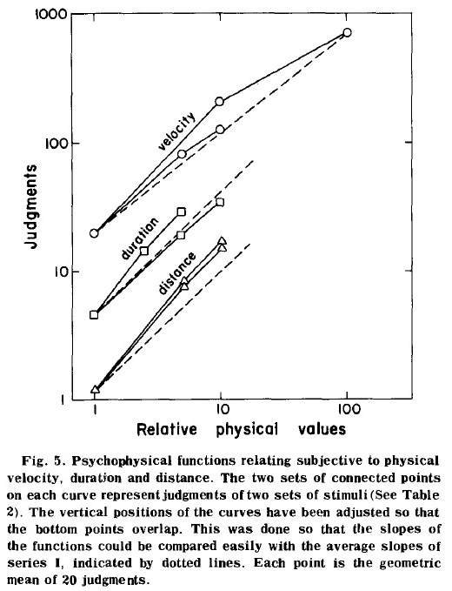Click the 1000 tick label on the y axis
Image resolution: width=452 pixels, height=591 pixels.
pyautogui.click(x=50, y=15)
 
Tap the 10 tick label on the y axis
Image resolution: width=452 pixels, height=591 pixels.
pyautogui.click(x=56, y=272)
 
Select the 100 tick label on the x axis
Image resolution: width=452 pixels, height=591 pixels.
pyautogui.click(x=348, y=409)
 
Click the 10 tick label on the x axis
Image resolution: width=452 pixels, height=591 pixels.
pyautogui.click(x=222, y=409)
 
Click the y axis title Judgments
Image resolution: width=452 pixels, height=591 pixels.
pyautogui.click(x=31, y=206)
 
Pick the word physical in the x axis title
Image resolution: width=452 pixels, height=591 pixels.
pyautogui.click(x=247, y=429)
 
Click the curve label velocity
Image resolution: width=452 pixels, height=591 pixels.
pyautogui.click(x=176, y=131)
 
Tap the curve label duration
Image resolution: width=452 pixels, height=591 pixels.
pyautogui.click(x=140, y=238)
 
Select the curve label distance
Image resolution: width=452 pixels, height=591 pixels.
pyautogui.click(x=176, y=273)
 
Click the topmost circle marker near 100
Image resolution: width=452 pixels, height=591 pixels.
pyautogui.click(x=348, y=32)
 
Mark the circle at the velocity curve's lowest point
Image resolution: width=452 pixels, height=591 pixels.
pyautogui.click(x=94, y=233)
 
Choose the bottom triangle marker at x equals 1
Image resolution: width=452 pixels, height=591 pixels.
pyautogui.click(x=95, y=389)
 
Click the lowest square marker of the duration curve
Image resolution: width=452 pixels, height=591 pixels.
pyautogui.click(x=94, y=315)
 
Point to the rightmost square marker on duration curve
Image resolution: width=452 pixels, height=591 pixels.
pyautogui.click(x=221, y=203)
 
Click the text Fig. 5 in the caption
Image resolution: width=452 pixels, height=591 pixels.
pyautogui.click(x=43, y=461)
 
